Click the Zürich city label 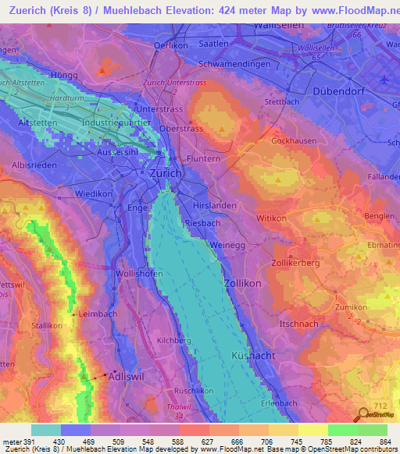pyautogui.click(x=161, y=173)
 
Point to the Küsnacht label pyautogui.click(x=252, y=355)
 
